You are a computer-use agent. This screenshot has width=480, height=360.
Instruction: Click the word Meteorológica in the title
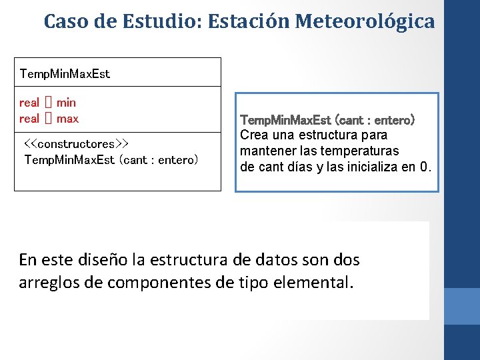coord(365,21)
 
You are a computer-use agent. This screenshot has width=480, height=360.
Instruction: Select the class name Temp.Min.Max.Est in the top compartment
coord(65,73)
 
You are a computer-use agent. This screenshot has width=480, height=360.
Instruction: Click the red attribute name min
coord(66,103)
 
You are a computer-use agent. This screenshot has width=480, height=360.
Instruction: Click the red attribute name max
coord(67,119)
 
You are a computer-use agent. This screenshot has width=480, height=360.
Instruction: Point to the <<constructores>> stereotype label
coord(76,144)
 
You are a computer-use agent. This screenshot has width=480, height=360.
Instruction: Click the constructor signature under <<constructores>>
coord(111,160)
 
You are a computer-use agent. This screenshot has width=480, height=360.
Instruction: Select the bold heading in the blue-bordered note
coord(327,120)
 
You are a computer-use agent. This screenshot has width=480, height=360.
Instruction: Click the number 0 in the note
coord(425,166)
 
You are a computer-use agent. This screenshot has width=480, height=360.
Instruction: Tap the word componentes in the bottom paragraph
coord(156,281)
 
